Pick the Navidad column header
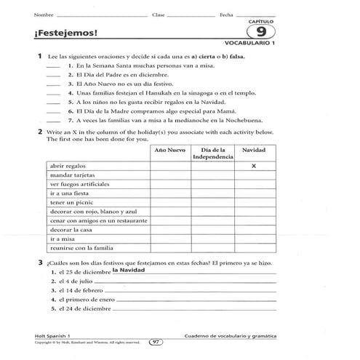(254, 149)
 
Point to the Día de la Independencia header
(212, 153)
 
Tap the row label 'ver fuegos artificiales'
(77, 185)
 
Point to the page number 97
(155, 342)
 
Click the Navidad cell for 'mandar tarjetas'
(254, 176)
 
